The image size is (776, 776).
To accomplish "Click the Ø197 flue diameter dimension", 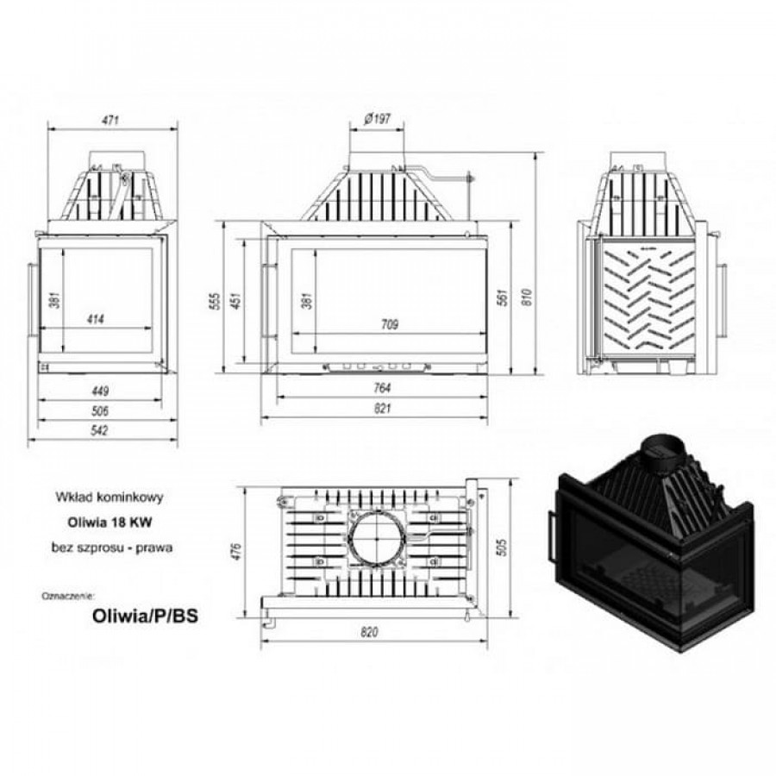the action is click(377, 119).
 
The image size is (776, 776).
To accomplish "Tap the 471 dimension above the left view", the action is click(110, 120).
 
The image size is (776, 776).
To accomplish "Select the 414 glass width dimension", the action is click(96, 319).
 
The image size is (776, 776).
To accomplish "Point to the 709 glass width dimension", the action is click(390, 325).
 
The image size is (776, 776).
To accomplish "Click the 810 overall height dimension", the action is click(527, 297).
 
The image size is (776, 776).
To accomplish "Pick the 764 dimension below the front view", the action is click(382, 388).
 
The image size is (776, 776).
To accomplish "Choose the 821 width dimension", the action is click(383, 409).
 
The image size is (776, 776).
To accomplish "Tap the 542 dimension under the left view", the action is click(99, 430).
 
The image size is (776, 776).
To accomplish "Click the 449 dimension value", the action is click(100, 391).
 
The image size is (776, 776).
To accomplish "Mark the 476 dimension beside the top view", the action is click(235, 551).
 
